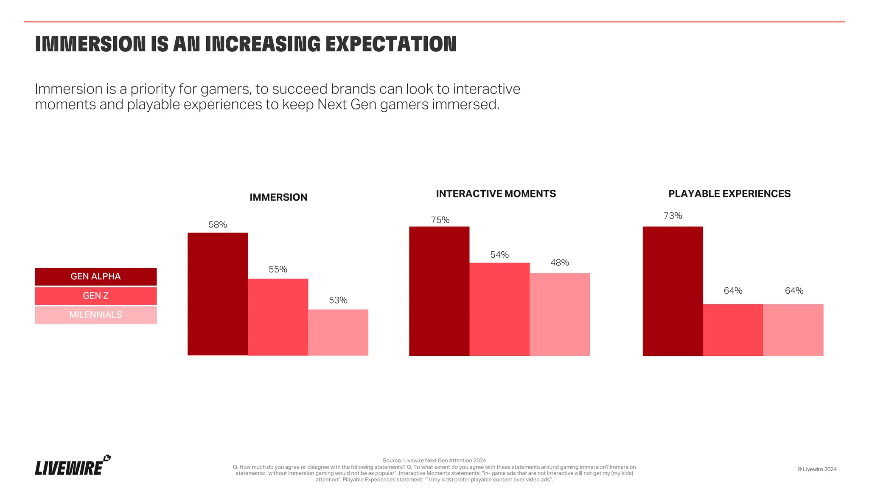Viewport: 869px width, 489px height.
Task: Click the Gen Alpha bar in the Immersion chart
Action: coord(218,294)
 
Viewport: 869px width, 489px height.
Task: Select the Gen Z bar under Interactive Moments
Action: coord(499,309)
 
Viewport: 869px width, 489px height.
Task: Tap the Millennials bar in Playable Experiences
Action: coord(793,330)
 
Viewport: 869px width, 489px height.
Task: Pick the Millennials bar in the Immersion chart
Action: coord(338,332)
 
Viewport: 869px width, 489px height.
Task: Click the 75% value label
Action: coord(440,220)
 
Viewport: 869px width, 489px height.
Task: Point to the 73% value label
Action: coord(673,216)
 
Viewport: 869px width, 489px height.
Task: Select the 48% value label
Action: coord(560,262)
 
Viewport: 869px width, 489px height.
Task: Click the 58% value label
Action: coord(218,225)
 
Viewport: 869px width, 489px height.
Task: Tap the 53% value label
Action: coord(338,300)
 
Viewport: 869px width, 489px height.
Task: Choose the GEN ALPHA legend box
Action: coord(95,276)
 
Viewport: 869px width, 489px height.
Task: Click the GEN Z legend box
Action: coord(95,295)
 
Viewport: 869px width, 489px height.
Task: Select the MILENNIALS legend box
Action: coord(95,315)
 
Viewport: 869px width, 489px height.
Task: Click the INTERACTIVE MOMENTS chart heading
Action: coord(496,194)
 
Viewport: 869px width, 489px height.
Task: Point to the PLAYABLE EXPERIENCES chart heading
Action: coord(729,194)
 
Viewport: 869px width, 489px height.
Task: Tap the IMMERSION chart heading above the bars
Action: coord(278,197)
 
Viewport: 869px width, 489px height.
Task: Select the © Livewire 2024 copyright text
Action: coord(817,469)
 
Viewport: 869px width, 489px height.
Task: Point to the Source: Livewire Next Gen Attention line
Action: coord(434,460)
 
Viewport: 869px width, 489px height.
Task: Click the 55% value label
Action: coord(278,269)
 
